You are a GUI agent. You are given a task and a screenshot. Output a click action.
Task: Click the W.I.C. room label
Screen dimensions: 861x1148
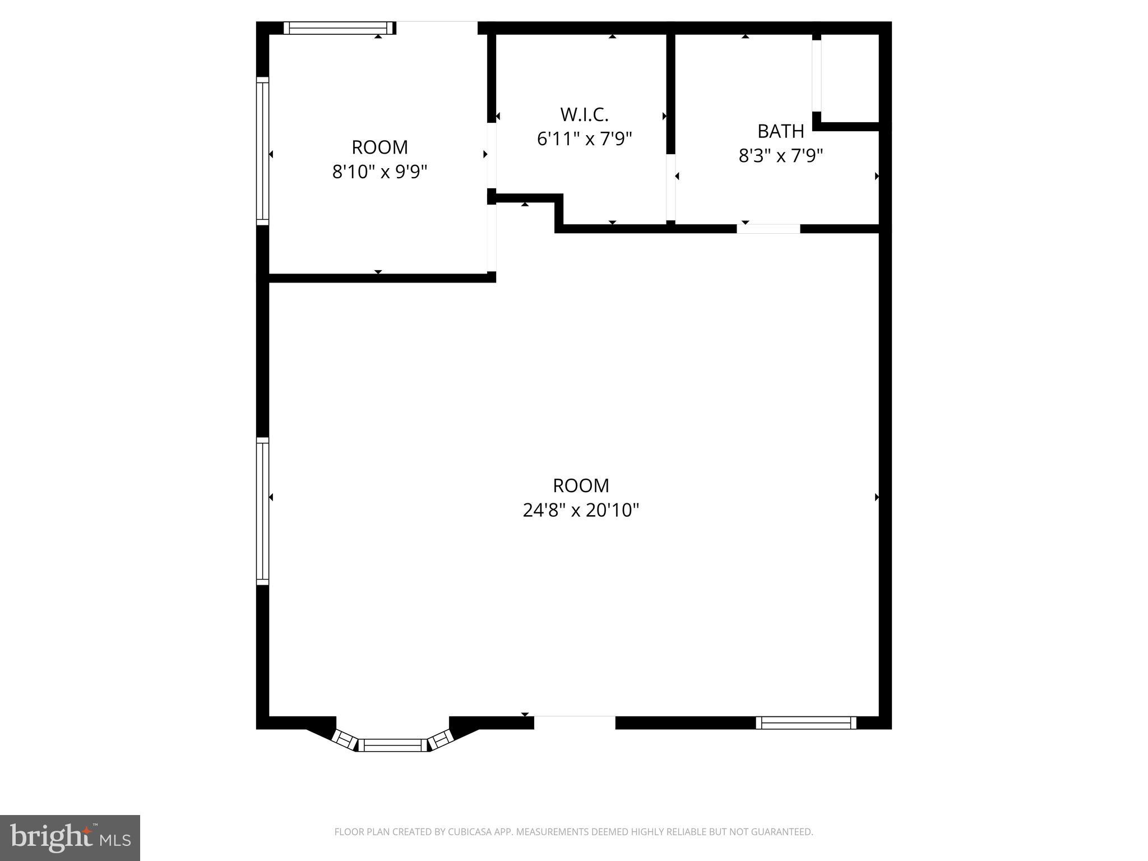(584, 114)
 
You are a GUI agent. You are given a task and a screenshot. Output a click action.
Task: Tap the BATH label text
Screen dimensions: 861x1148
(780, 131)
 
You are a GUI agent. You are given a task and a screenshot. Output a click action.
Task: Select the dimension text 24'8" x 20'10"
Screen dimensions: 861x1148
(581, 510)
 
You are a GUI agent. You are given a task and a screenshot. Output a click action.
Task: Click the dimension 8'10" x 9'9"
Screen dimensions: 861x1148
(379, 172)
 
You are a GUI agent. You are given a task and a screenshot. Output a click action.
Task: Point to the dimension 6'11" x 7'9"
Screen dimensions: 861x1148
(584, 138)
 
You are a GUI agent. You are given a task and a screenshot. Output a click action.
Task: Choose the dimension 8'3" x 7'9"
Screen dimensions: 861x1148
(780, 155)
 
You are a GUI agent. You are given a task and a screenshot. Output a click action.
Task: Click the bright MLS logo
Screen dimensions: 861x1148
(70, 837)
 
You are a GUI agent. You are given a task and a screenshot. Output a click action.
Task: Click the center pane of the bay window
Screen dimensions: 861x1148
(392, 745)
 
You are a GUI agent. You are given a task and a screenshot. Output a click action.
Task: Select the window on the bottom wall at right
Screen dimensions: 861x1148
(806, 723)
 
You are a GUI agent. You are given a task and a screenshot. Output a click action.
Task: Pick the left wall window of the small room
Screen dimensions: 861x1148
(262, 151)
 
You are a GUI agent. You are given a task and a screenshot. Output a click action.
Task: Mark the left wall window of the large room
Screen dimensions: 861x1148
(262, 511)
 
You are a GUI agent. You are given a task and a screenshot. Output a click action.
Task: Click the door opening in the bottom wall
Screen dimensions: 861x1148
(574, 723)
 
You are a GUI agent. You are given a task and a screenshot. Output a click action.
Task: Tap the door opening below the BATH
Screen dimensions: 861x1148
(769, 229)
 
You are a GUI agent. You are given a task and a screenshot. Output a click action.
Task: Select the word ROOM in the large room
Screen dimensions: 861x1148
(581, 485)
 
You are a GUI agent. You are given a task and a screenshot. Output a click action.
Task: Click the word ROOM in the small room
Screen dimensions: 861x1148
(379, 147)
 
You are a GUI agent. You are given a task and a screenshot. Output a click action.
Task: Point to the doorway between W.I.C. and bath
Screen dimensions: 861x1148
(670, 187)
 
